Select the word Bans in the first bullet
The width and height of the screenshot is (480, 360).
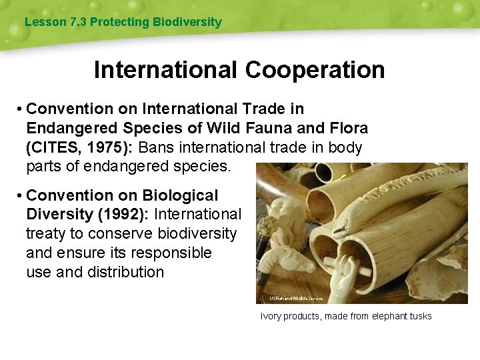point(159,147)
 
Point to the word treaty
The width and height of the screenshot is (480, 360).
point(47,234)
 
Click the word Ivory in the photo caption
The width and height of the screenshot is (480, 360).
point(271,316)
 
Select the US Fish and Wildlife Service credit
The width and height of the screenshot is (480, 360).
point(296,298)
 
